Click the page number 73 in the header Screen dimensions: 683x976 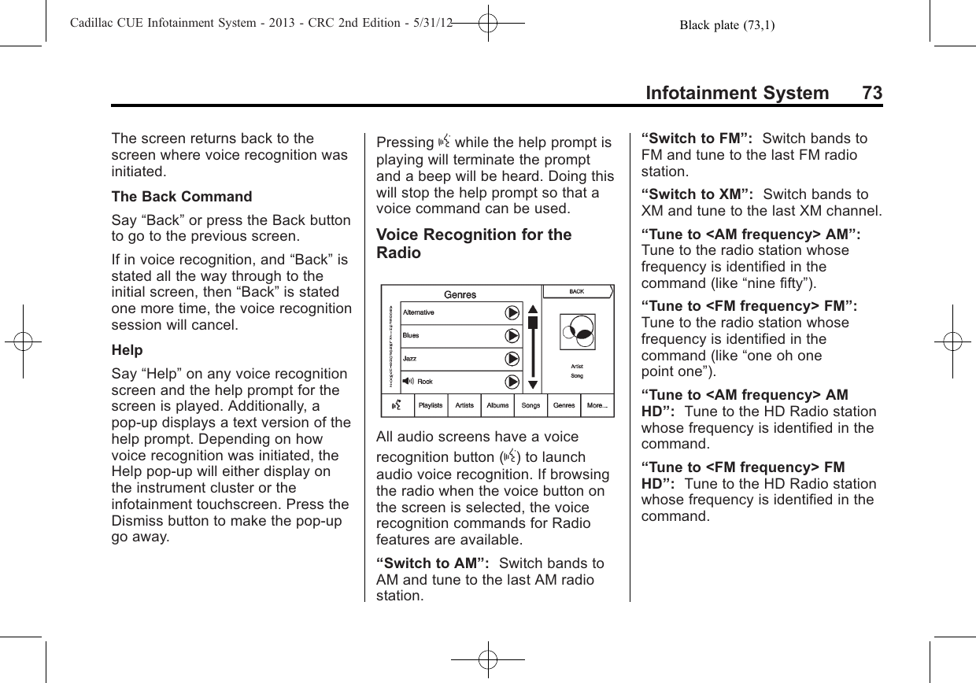pos(871,94)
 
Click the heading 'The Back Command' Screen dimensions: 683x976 pos(182,197)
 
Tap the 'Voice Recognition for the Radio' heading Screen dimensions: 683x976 pos(475,244)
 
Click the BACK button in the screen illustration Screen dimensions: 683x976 pos(577,292)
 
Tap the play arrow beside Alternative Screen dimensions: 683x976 pos(512,312)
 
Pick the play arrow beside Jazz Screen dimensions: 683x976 pos(512,359)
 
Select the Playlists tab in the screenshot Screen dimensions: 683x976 pos(431,406)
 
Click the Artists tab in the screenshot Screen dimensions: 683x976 pos(464,406)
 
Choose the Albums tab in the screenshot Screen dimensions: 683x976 pos(497,406)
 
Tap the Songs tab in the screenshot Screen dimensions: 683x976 pos(531,406)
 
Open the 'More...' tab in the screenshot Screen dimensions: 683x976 pos(597,406)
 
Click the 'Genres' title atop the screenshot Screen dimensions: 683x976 pos(460,295)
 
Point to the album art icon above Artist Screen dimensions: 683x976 pos(578,332)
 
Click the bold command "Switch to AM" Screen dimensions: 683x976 pos(434,564)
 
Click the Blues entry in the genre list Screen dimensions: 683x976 pos(412,335)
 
